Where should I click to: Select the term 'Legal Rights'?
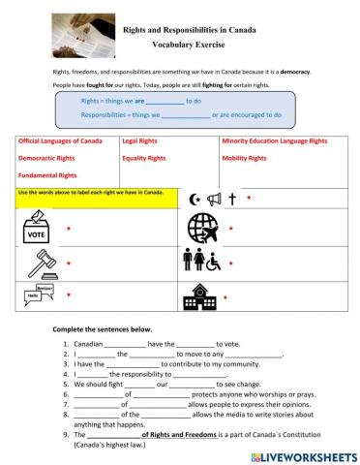coord(141,141)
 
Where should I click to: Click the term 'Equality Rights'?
coord(145,158)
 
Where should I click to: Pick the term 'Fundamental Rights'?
coord(47,175)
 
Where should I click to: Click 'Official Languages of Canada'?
coord(60,141)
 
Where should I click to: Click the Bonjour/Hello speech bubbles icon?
coord(37,294)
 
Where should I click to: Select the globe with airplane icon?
coord(203,229)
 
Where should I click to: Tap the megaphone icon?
coord(213,199)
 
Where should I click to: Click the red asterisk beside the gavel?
coord(69,263)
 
